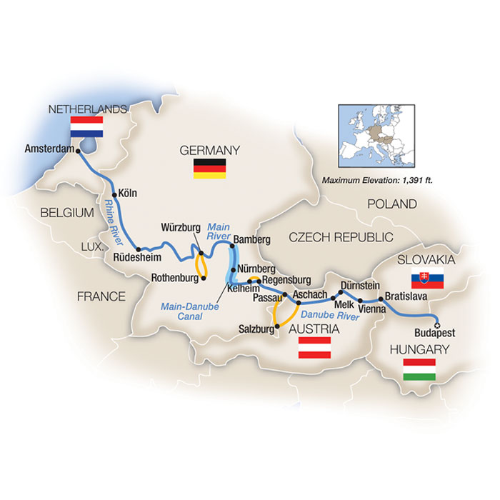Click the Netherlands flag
click(87, 127)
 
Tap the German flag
click(210, 169)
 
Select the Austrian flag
click(314, 348)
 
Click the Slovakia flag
click(420, 279)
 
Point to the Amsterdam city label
click(49, 149)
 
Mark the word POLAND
click(392, 204)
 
